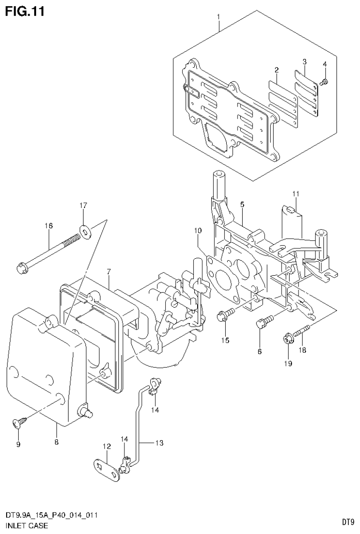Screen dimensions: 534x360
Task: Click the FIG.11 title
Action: click(25, 11)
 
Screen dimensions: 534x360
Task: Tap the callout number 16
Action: click(49, 226)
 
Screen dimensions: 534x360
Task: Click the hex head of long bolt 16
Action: click(22, 269)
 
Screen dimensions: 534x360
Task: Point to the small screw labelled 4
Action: click(323, 83)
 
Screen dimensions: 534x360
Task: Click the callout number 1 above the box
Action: click(218, 17)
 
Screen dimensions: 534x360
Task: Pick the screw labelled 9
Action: click(19, 424)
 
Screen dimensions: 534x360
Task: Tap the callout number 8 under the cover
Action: click(56, 442)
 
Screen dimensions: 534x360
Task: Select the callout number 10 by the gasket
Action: click(198, 231)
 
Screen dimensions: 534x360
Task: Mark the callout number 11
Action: click(295, 194)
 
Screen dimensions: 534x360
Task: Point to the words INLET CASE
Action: click(26, 526)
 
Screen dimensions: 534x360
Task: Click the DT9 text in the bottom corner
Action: click(347, 522)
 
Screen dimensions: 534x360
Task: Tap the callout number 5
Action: click(242, 205)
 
